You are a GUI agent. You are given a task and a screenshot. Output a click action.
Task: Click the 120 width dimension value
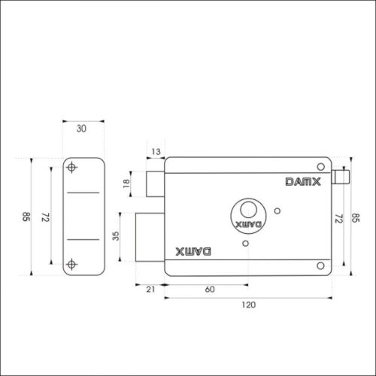pyautogui.click(x=249, y=305)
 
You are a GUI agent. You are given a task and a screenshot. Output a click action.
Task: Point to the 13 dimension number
pyautogui.click(x=156, y=152)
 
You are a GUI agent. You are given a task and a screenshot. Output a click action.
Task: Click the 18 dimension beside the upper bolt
pyautogui.click(x=126, y=182)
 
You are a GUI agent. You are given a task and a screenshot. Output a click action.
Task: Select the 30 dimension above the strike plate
pyautogui.click(x=81, y=129)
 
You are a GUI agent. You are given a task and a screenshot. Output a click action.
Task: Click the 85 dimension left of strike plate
pyautogui.click(x=26, y=218)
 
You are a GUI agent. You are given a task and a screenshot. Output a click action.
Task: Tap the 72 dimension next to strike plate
pyautogui.click(x=44, y=218)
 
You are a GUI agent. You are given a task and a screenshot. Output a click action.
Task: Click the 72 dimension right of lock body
pyautogui.click(x=338, y=218)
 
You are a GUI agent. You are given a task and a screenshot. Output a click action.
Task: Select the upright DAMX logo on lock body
pyautogui.click(x=302, y=181)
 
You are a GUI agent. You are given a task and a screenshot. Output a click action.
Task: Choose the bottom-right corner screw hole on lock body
pyautogui.click(x=320, y=264)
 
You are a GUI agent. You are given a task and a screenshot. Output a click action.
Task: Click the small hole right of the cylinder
pyautogui.click(x=278, y=211)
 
